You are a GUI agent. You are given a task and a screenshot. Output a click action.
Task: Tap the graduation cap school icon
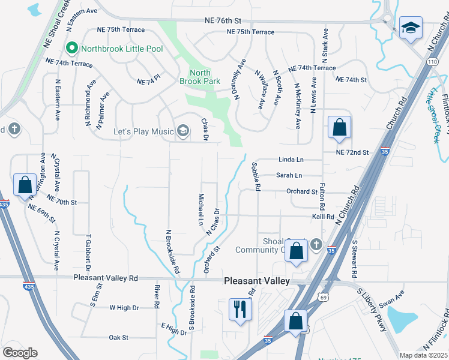tap(411, 28)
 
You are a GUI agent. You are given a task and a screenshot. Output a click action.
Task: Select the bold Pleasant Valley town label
tap(257, 281)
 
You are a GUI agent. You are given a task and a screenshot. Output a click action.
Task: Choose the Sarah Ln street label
tap(289, 175)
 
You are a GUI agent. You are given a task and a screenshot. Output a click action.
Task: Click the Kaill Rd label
tap(323, 216)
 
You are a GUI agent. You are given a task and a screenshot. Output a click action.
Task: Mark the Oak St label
tap(119, 338)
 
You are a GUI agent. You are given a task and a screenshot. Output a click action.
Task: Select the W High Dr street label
tap(124, 308)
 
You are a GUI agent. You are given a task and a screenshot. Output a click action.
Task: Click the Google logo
tap(20, 353)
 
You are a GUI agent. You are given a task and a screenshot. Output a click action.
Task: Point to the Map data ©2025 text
tap(424, 355)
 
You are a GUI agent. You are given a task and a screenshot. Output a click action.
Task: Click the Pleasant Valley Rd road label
tap(106, 278)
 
